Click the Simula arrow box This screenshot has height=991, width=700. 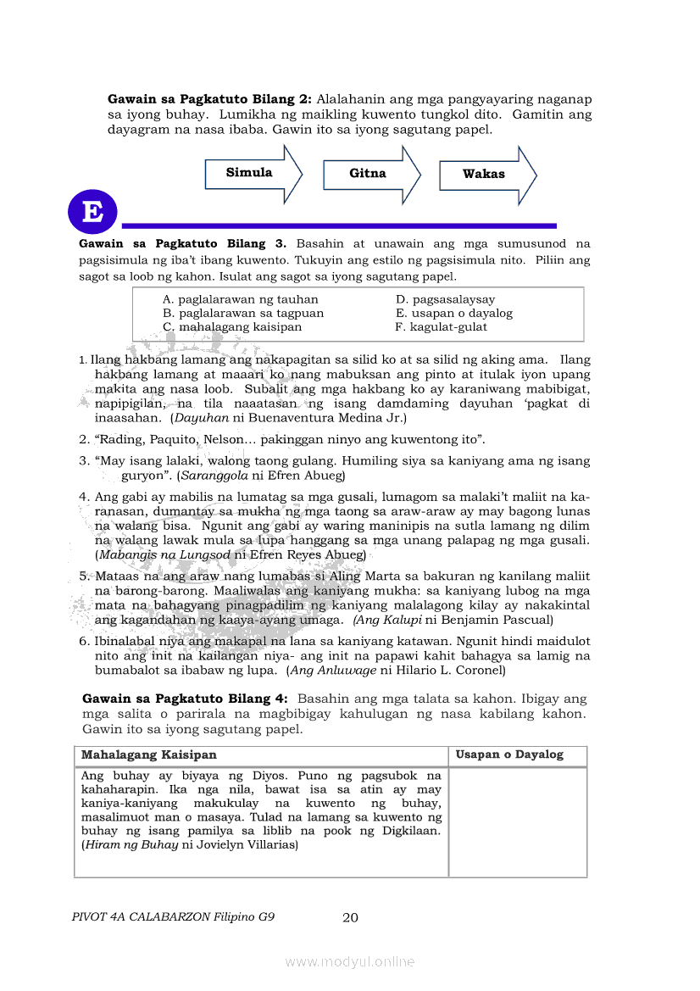tap(251, 173)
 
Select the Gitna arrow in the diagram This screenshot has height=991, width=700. tap(369, 174)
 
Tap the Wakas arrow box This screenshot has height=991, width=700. tap(485, 174)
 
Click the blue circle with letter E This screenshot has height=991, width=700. tap(92, 212)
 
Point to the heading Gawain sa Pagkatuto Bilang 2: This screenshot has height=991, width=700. tap(209, 98)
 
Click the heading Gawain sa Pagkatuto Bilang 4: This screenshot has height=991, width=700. tap(185, 699)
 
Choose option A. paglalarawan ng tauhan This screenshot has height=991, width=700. tap(241, 299)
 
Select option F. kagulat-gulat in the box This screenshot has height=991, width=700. tap(442, 326)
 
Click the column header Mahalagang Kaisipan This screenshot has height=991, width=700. tap(149, 754)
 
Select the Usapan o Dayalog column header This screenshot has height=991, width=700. tap(508, 754)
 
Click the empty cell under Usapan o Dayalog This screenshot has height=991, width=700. tap(517, 821)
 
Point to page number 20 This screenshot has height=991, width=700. tap(350, 917)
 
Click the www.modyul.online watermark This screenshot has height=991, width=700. tap(350, 961)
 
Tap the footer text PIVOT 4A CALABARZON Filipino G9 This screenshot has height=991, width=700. tap(174, 917)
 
